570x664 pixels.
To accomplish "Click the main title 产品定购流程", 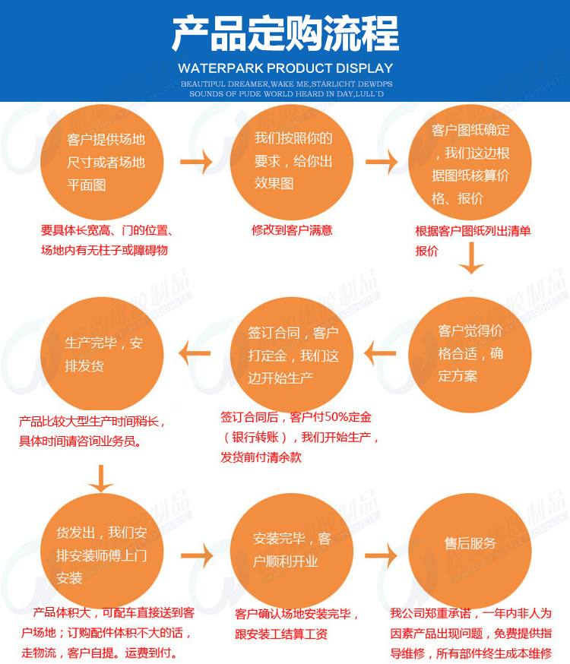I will click(285, 34).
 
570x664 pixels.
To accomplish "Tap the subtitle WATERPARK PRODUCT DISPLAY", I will click(285, 68).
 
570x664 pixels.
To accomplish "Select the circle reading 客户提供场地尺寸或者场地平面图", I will click(105, 162).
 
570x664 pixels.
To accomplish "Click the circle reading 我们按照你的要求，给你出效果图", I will click(293, 162).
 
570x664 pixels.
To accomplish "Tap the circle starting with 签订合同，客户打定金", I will click(293, 354).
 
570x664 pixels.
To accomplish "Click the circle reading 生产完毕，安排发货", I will click(103, 354).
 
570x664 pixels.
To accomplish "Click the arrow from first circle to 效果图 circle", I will click(196, 162).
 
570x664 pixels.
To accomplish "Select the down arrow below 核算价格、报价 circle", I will click(471, 258).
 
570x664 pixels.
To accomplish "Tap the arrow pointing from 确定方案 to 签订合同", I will click(379, 353).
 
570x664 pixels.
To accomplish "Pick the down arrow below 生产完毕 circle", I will click(101, 477).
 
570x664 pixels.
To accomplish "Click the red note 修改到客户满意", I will click(293, 230).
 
